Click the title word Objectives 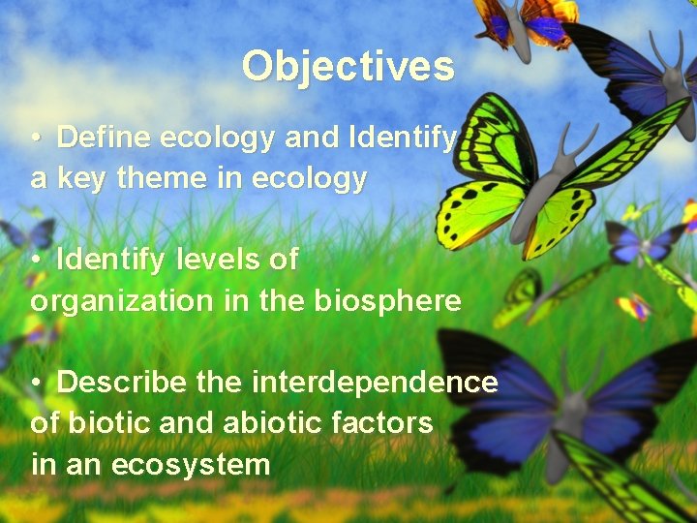click(348, 66)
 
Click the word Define click(104, 138)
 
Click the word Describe click(121, 383)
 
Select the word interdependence click(375, 383)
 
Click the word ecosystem click(191, 465)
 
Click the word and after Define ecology click(310, 138)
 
